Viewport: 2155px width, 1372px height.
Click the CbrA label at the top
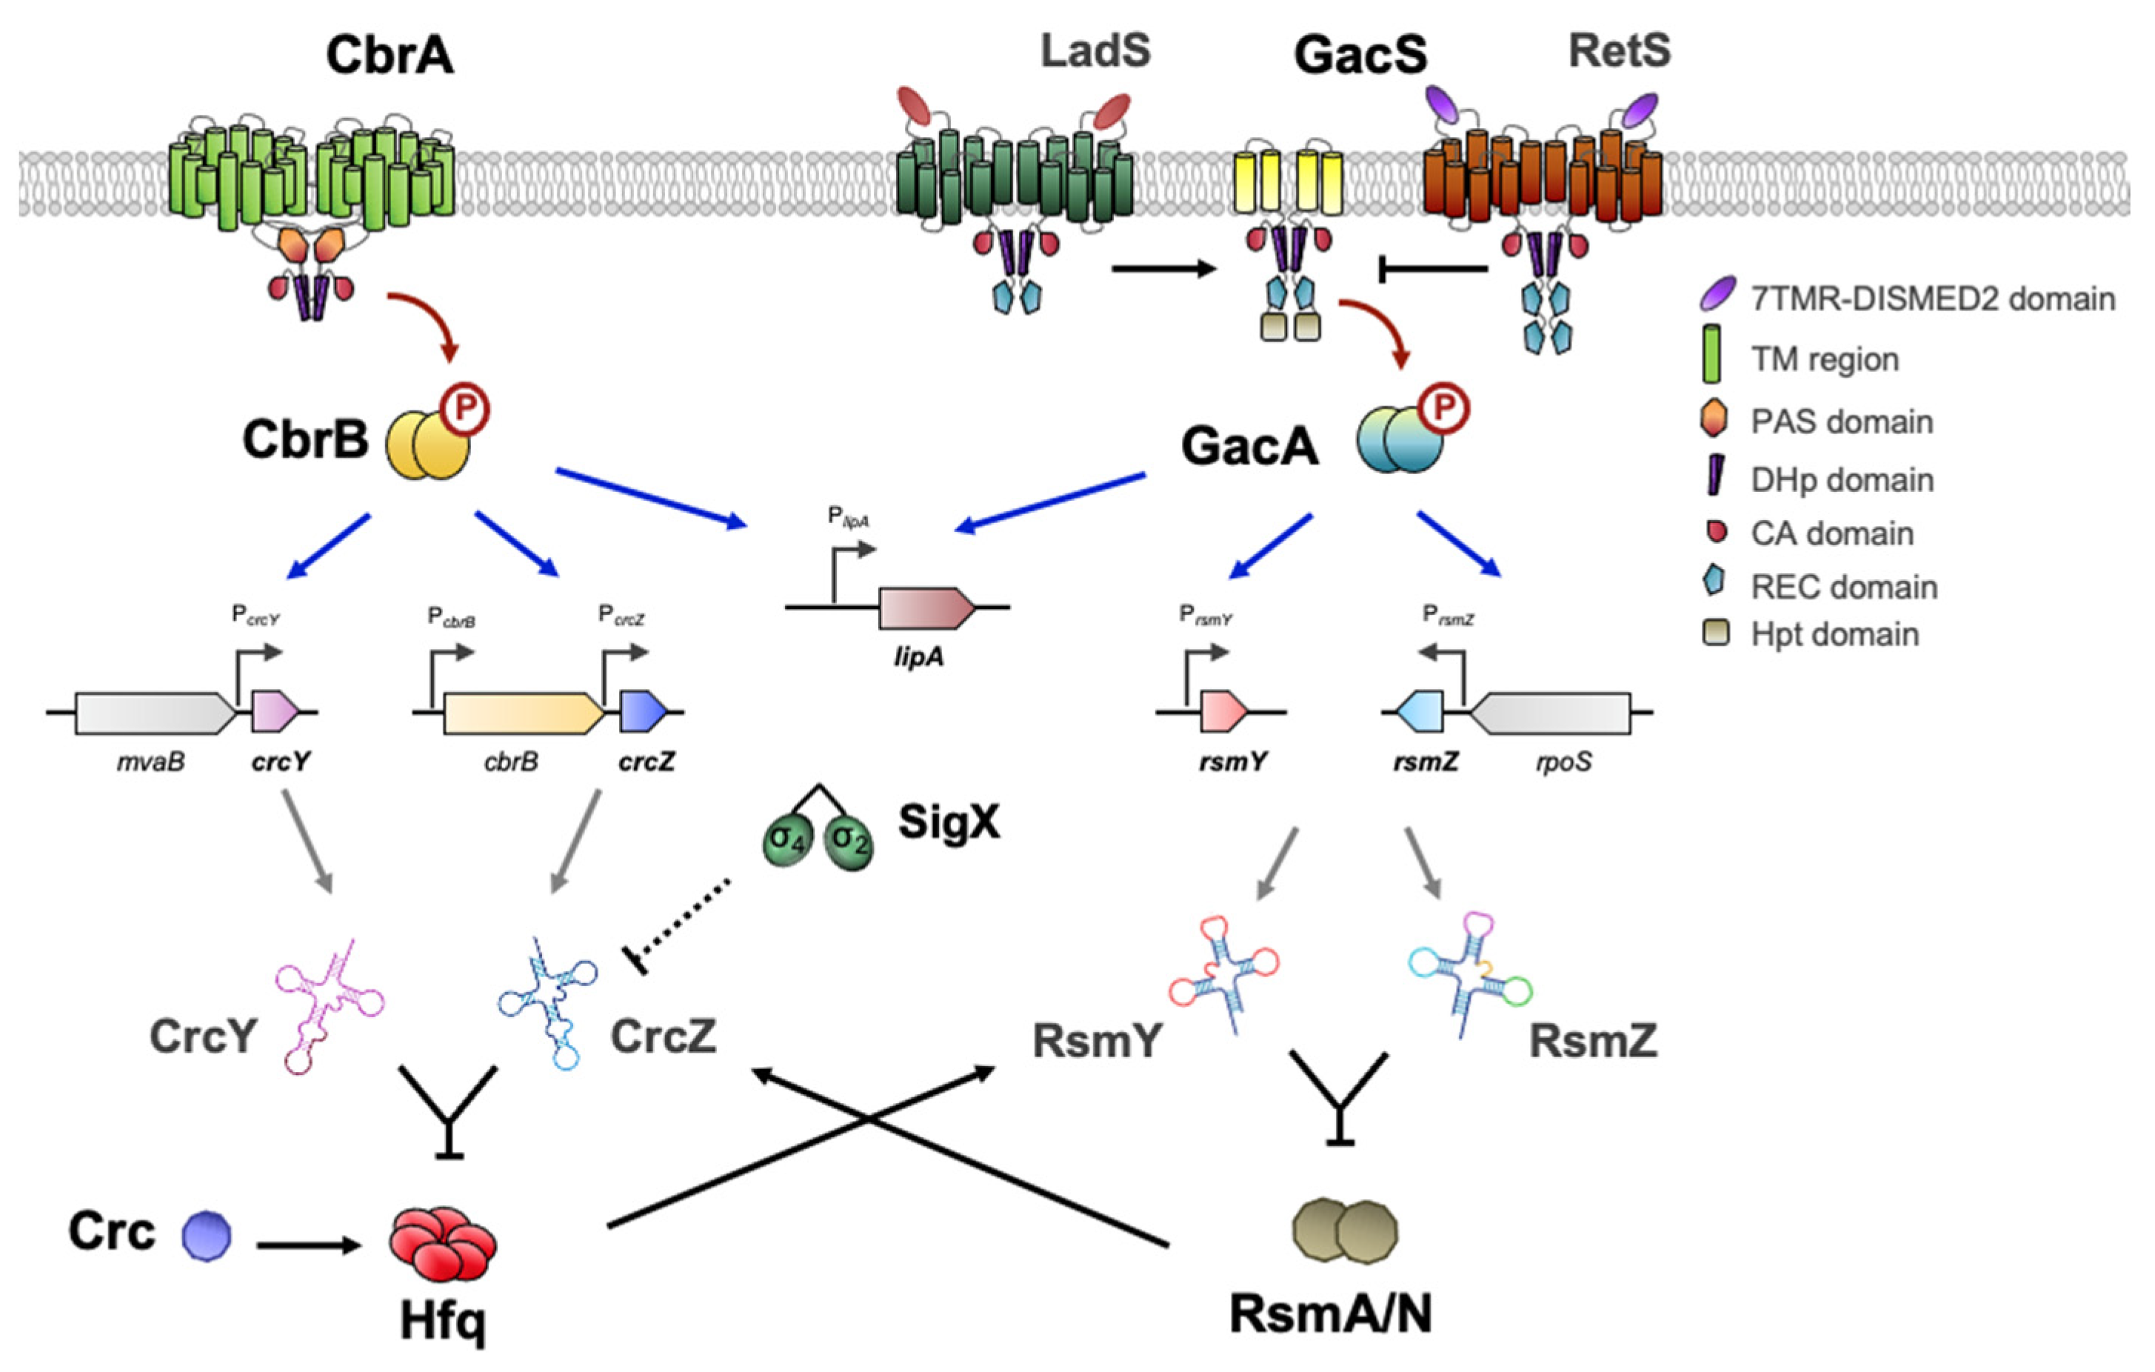(x=390, y=56)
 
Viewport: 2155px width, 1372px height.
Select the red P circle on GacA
(x=1443, y=409)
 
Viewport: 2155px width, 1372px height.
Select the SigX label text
(x=949, y=822)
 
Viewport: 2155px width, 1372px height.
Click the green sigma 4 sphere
(x=787, y=842)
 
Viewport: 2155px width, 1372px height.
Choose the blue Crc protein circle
(x=207, y=1236)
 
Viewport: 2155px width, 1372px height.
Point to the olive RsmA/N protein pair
(x=1345, y=1231)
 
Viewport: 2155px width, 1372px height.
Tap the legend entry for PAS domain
(x=1841, y=422)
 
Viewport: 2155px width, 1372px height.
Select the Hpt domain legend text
(x=1834, y=635)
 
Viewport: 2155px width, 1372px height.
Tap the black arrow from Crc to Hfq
(x=309, y=1245)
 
